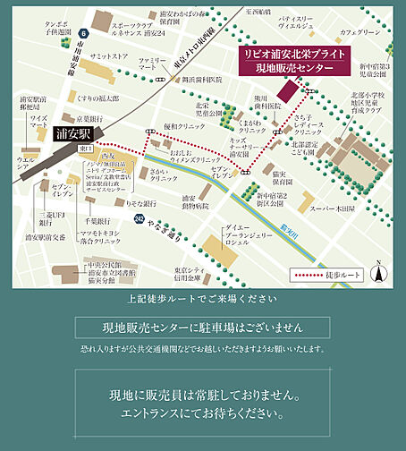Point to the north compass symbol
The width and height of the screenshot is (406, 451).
[x=379, y=268]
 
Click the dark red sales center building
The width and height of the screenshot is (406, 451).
[x=291, y=90]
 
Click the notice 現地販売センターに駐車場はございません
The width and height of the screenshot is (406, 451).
[x=202, y=327]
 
